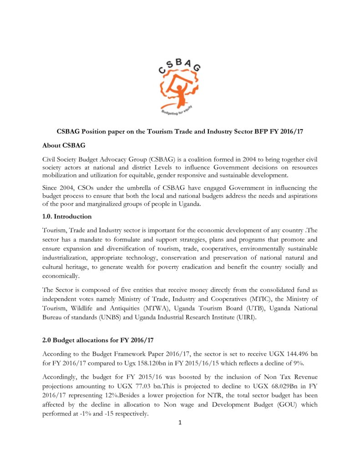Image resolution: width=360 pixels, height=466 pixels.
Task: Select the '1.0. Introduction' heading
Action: [67, 216]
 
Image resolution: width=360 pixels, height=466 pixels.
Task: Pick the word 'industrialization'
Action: [68, 258]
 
